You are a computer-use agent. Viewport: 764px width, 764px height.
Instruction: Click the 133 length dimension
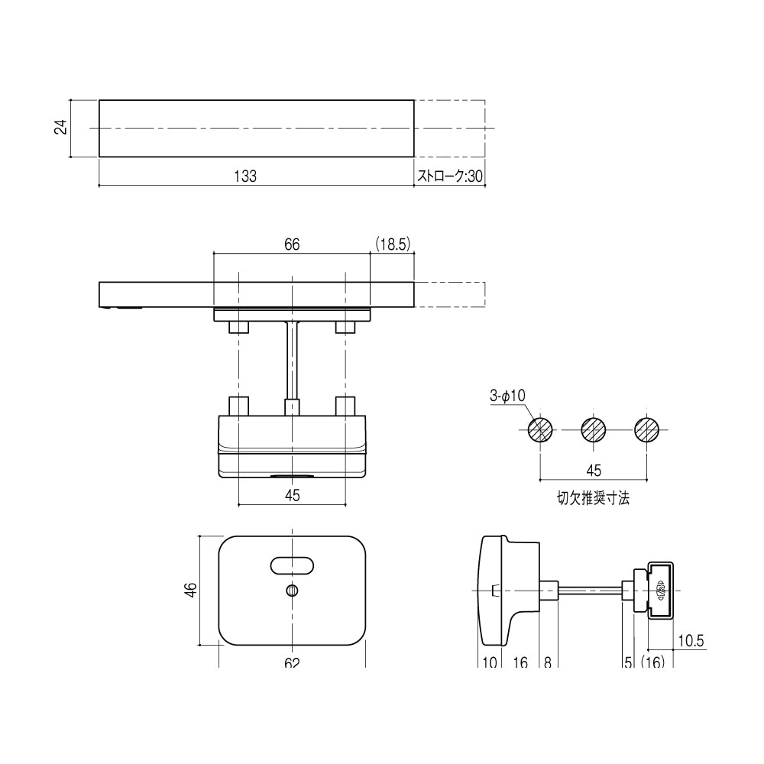[244, 175]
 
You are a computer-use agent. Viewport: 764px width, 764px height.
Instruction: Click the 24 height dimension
[60, 128]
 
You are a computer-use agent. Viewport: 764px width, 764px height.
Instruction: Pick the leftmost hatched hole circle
[541, 429]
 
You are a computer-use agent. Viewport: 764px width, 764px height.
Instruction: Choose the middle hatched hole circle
[594, 429]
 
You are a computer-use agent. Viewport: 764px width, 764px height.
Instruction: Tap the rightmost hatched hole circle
[647, 429]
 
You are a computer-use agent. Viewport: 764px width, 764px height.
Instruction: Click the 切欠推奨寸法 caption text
[594, 499]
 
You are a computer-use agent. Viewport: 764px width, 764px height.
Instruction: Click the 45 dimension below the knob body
[292, 495]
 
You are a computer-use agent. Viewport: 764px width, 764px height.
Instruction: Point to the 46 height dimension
[191, 590]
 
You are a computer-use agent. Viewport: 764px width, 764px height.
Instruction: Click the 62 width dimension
[292, 662]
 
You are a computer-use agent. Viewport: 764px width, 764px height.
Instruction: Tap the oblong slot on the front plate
[292, 565]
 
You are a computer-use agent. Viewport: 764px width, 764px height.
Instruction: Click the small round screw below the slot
[292, 590]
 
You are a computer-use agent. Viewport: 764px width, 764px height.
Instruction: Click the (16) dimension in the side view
[654, 662]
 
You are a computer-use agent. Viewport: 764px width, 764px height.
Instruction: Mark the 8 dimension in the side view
[548, 662]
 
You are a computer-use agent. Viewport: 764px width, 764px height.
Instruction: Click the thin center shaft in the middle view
[292, 359]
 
